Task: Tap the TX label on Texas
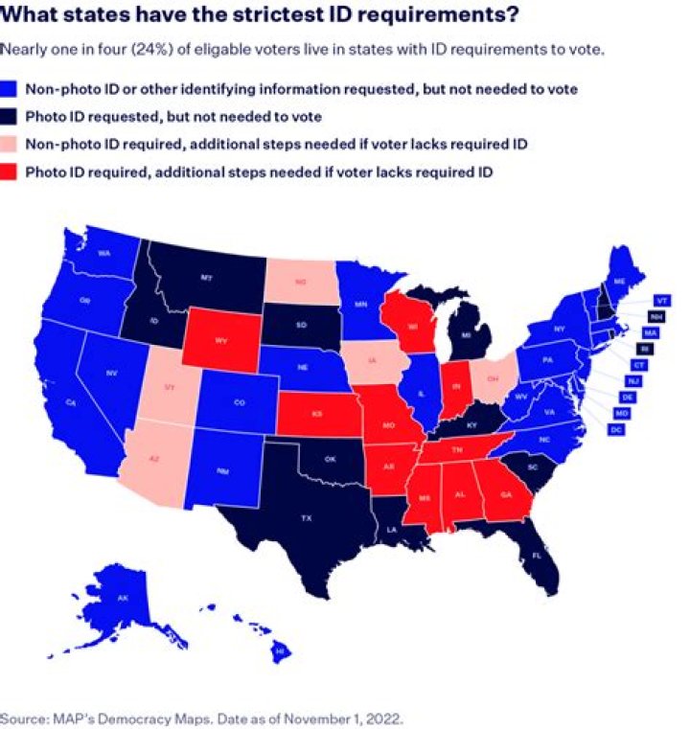pyautogui.click(x=307, y=517)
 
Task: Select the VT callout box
pyautogui.click(x=661, y=300)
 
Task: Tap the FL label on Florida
pyautogui.click(x=536, y=556)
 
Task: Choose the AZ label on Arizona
pyautogui.click(x=151, y=459)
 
